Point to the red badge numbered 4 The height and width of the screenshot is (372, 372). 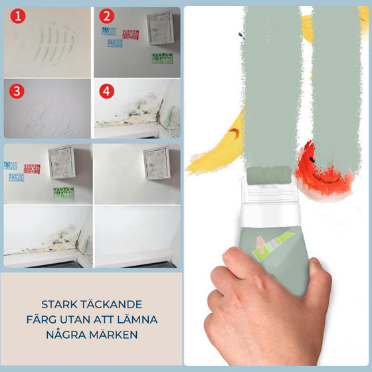106,91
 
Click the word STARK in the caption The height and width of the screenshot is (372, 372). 60,304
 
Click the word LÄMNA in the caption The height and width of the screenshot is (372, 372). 136,320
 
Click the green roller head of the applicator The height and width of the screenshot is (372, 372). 263,176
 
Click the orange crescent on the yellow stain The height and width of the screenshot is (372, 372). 233,136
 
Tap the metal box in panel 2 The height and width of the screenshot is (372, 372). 160,29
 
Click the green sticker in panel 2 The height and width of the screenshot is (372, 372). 161,58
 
